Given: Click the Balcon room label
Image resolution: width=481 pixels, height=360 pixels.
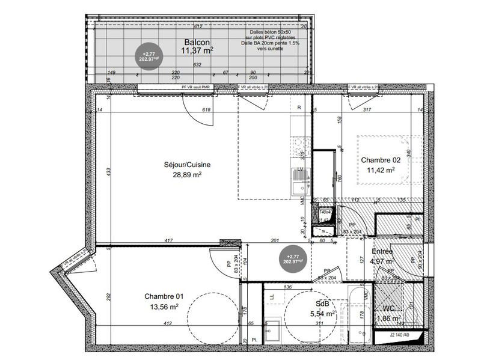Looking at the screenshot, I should pos(197,43).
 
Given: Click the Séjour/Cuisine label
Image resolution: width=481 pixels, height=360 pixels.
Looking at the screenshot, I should pos(187,165).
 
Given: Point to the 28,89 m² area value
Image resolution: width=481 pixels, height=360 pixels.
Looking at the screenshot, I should pos(187,175).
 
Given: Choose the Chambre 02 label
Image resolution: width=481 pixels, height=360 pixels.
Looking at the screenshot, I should pos(381,160).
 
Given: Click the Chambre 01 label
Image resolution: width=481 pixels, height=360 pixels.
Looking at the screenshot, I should pos(164,296).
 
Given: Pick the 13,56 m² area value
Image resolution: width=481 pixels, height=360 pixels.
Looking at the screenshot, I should pos(164,307).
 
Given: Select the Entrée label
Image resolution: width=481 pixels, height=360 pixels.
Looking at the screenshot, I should pos(382,251).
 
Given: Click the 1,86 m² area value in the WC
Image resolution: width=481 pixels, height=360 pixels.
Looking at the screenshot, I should pos(390,319).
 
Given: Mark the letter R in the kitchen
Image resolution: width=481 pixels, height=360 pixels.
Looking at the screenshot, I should pos(298,107).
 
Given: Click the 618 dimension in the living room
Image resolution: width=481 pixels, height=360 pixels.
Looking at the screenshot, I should pos(206,110).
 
